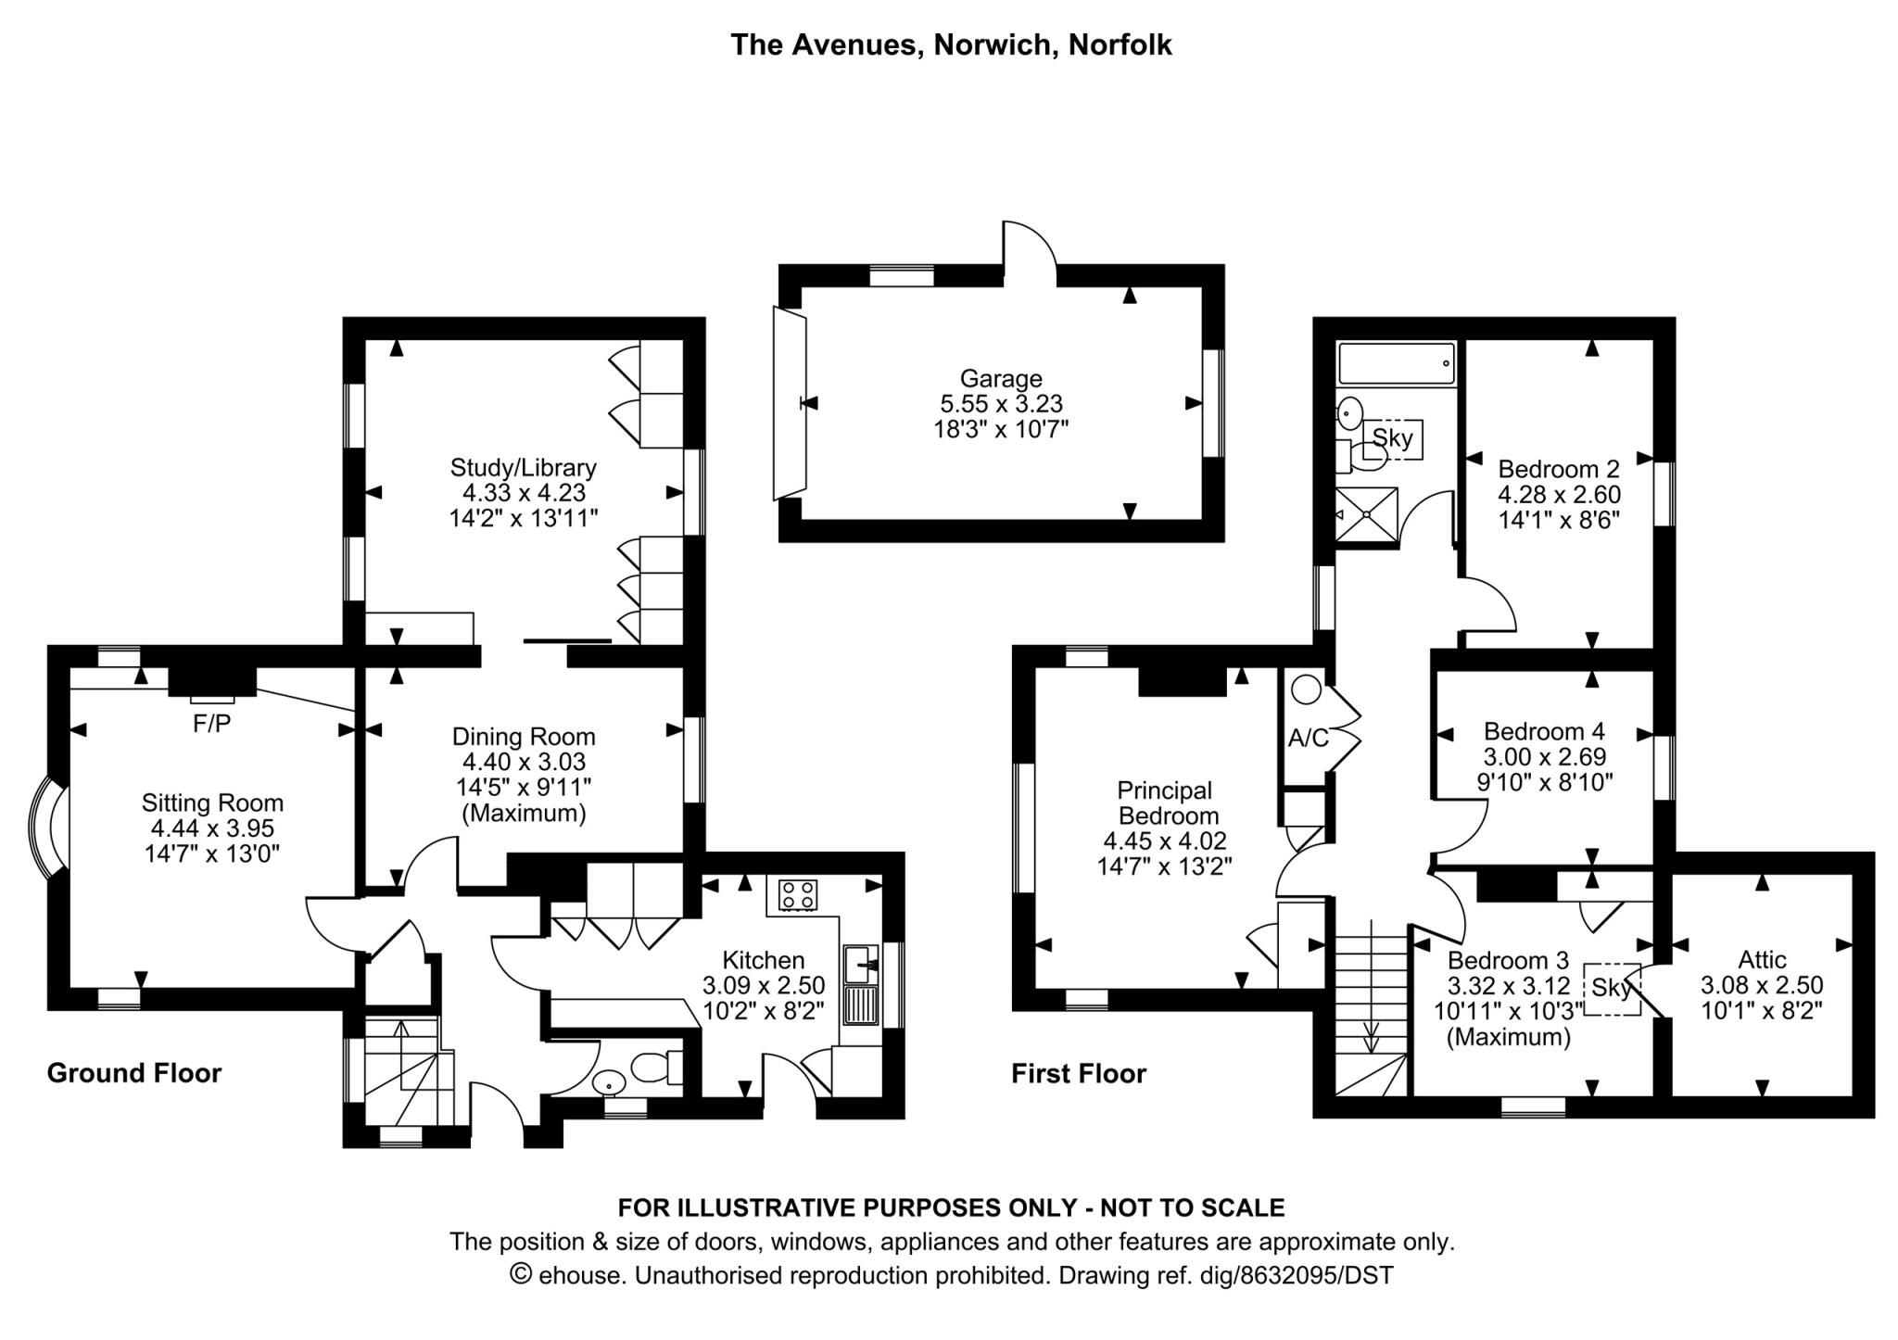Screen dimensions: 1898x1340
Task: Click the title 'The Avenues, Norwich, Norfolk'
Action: [x=951, y=44]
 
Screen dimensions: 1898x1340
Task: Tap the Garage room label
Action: [x=1000, y=378]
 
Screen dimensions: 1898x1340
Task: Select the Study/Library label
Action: [x=523, y=467]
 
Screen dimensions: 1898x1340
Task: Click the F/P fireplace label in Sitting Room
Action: [x=211, y=724]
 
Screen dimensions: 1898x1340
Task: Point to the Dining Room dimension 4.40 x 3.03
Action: [x=524, y=762]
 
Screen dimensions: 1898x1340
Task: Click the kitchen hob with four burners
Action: [x=798, y=894]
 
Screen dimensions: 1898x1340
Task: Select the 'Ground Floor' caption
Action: [x=134, y=1073]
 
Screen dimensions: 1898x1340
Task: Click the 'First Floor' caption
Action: [x=1079, y=1074]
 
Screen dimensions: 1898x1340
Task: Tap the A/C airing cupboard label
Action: [x=1309, y=738]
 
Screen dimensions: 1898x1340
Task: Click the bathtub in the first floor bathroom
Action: [x=1396, y=363]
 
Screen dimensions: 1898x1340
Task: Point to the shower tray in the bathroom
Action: [x=1365, y=512]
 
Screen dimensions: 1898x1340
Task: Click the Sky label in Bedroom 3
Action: [x=1612, y=989]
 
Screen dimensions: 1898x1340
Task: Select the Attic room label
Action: [x=1762, y=959]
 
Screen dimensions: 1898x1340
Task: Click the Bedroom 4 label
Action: [x=1544, y=731]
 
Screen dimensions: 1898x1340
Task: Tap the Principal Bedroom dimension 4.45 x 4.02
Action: [x=1165, y=841]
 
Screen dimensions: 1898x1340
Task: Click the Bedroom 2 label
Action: [x=1559, y=468]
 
